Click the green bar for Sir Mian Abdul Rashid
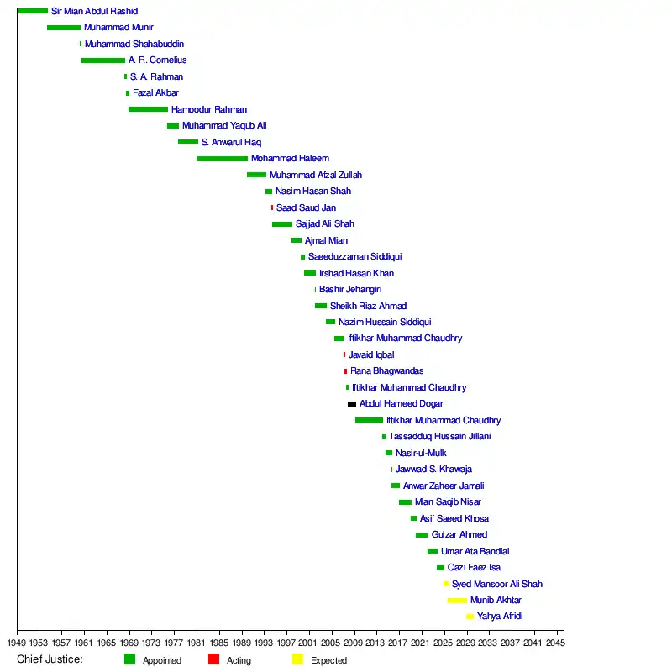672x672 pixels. point(33,11)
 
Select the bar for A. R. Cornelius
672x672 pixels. point(102,60)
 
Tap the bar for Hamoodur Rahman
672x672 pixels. point(148,109)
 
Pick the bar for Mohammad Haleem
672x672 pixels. point(223,159)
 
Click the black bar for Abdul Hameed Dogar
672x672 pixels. point(352,404)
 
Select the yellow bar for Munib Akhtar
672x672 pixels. point(457,601)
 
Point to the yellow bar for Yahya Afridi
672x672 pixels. point(470,617)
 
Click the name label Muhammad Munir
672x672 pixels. point(118,28)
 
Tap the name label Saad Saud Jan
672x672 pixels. point(306,207)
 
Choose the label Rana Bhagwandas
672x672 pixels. point(386,371)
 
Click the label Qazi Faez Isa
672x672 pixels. point(474,568)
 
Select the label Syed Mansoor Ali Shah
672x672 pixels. point(496,584)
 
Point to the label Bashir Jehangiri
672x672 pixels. point(350,290)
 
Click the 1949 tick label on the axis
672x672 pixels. point(17,643)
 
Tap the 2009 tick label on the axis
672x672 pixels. point(354,643)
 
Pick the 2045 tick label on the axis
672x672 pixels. point(556,643)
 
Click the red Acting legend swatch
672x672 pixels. point(213,659)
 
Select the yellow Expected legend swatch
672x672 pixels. point(297,659)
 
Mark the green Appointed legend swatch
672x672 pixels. point(129,659)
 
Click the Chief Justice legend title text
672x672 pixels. point(50,659)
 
